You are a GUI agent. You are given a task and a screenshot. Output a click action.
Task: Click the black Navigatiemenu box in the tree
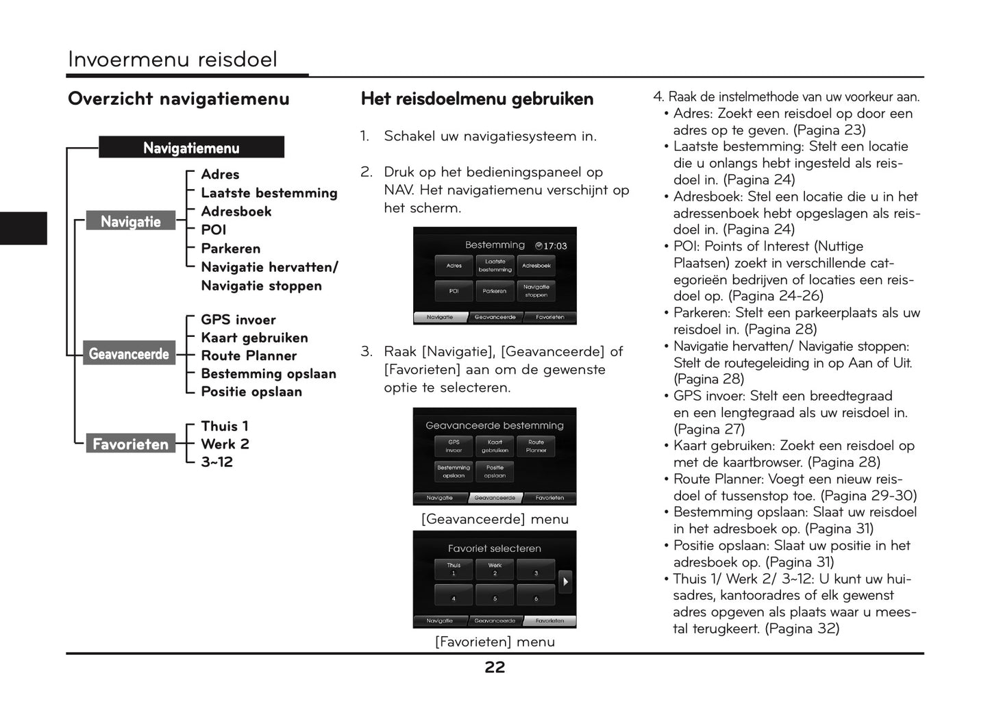click(191, 147)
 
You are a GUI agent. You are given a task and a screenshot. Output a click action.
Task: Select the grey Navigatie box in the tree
click(130, 221)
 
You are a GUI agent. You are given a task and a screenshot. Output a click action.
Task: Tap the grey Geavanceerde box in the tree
click(129, 354)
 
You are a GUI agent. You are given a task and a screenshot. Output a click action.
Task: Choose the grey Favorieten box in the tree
click(130, 444)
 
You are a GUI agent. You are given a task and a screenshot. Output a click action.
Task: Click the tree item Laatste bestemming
click(269, 193)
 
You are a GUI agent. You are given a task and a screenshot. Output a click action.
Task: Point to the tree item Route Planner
click(249, 355)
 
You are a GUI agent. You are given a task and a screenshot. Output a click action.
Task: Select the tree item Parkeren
click(230, 249)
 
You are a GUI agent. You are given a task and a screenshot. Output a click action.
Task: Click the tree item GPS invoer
click(238, 320)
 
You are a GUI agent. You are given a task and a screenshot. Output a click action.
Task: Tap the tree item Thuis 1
click(224, 426)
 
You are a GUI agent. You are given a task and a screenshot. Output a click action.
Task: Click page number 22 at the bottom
click(495, 668)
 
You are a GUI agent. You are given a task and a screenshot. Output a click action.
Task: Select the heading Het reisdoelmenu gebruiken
click(477, 99)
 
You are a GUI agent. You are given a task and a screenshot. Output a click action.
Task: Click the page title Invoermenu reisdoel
click(172, 60)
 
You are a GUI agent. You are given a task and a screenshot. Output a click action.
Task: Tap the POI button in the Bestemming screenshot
click(454, 291)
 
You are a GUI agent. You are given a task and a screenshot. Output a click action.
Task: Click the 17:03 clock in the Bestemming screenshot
click(552, 246)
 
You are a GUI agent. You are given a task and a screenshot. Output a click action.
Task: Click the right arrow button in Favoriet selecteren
click(565, 581)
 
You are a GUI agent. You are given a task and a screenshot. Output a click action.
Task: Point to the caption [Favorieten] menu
click(495, 642)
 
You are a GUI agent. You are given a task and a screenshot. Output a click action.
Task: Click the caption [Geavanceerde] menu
click(495, 519)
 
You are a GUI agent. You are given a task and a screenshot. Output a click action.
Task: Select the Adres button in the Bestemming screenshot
click(454, 266)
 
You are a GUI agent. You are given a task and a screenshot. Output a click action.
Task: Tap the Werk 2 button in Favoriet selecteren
click(495, 569)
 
